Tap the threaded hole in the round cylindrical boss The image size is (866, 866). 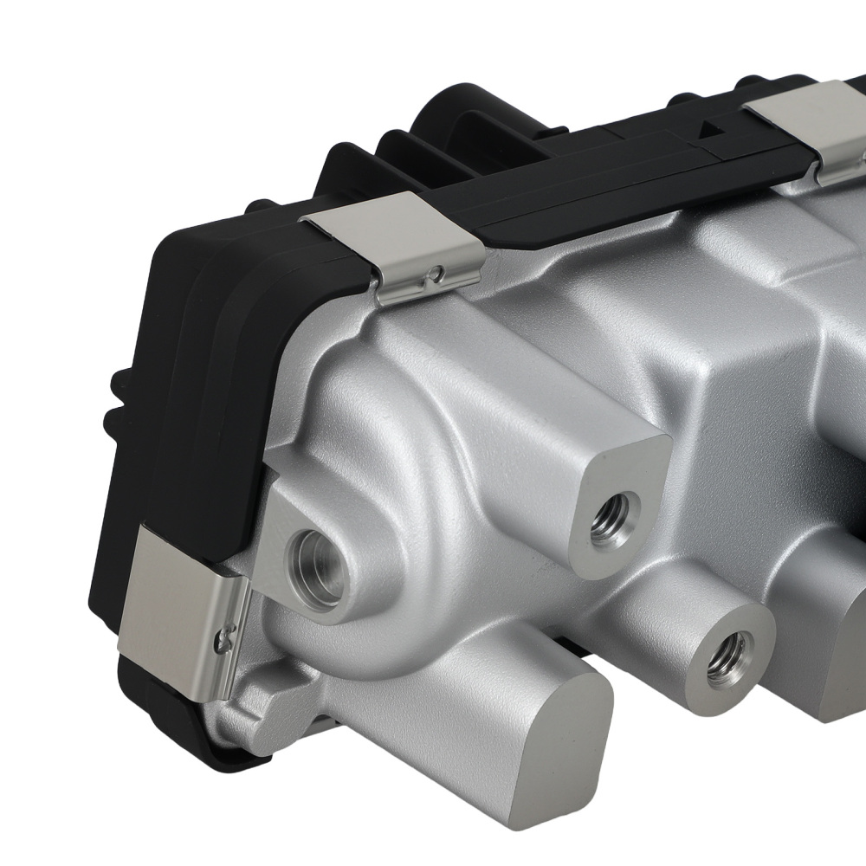pyautogui.click(x=725, y=656)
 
